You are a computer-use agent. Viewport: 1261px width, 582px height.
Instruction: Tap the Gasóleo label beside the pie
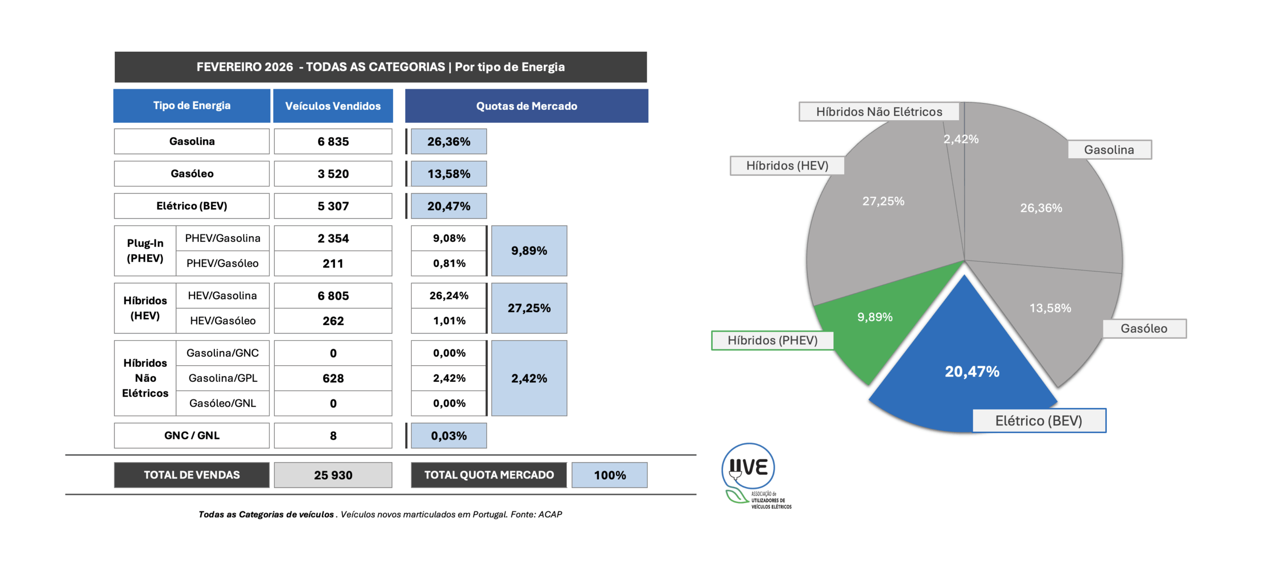coord(1143,328)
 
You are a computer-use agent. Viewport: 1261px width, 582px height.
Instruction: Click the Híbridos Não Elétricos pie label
coord(878,112)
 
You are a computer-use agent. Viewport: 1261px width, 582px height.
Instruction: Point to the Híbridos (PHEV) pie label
coord(772,340)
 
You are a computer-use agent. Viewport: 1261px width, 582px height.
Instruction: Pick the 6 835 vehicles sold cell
coord(333,141)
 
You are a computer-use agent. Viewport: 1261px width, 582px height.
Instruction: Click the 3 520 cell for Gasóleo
coord(333,173)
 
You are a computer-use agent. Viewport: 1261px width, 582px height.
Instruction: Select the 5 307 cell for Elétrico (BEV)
coord(333,206)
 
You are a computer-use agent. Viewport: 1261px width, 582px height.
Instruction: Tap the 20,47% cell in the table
coord(448,206)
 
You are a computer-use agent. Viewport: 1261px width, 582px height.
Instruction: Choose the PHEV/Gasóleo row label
coord(223,263)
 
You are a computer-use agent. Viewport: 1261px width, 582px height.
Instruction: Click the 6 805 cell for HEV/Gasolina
coord(333,296)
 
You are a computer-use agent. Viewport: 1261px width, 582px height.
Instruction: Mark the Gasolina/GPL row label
coord(223,378)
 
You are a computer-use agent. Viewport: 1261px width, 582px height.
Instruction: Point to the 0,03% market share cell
coord(448,436)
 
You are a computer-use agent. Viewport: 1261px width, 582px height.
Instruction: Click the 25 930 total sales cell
coord(333,475)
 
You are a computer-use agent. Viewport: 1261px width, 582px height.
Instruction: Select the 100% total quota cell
coord(609,475)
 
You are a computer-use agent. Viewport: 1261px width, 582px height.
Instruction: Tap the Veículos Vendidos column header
coord(333,106)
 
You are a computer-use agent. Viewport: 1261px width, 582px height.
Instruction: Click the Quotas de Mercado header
coord(526,106)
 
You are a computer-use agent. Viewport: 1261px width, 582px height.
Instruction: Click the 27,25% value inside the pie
coord(883,201)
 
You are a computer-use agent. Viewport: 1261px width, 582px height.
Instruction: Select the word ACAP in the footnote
coord(550,514)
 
